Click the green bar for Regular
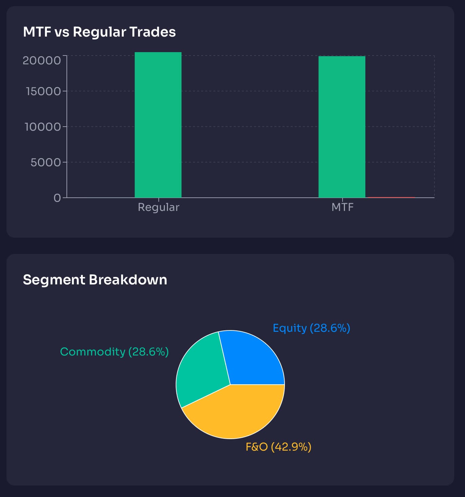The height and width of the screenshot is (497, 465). pos(158,125)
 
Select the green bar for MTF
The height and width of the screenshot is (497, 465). pos(342,127)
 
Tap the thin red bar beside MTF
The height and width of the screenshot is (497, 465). pos(391,197)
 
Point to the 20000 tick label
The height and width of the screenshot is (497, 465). pos(41,60)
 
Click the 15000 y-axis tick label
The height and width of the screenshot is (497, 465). pos(43,91)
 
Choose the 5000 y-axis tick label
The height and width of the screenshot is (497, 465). pos(45,162)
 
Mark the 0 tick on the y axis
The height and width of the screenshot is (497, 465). pos(57,198)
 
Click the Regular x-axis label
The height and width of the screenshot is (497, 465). pos(158,207)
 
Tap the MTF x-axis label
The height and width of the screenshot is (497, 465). pos(342,207)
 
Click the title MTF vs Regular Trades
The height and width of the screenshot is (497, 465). pos(99,32)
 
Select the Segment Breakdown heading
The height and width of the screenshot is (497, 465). pos(95,280)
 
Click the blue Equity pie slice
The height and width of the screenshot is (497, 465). pos(253,359)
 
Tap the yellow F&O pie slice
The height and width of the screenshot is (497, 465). pos(234,413)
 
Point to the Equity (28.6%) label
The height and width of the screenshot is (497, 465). pos(311,328)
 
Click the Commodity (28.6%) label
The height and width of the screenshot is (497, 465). pos(114,351)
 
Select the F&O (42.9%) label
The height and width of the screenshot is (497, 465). pos(278,447)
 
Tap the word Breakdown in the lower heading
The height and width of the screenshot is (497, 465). pos(128,280)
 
